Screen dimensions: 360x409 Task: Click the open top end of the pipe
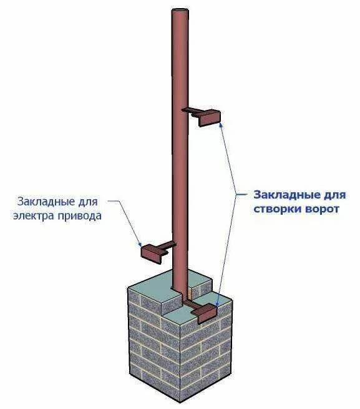point(180,11)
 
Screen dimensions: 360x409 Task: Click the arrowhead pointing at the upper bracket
point(221,126)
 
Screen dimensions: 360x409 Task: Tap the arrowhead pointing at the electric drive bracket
point(140,244)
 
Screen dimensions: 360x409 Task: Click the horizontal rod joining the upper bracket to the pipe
point(192,111)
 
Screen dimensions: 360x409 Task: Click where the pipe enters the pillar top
point(180,290)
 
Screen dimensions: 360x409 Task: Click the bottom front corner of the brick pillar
point(181,403)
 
